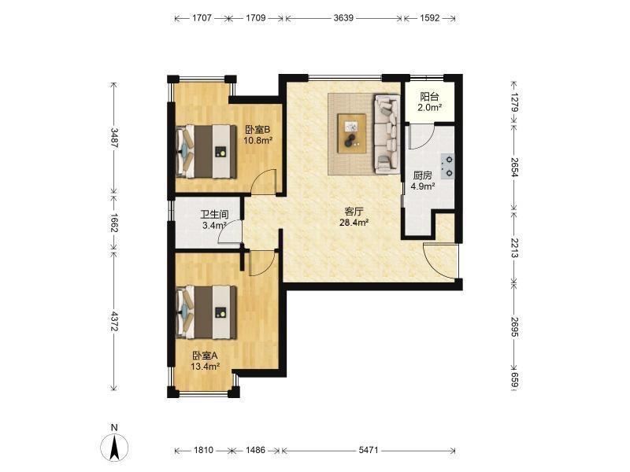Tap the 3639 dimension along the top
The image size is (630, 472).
343,18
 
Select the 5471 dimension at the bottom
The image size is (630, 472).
369,450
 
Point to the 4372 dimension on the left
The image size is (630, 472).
114,322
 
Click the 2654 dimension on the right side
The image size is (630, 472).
515,167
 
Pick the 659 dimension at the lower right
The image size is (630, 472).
515,381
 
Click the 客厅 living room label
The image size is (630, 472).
354,212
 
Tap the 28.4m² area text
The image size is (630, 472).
354,223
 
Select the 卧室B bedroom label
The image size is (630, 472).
258,130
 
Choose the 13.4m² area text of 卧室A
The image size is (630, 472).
205,366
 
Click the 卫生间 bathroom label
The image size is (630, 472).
214,214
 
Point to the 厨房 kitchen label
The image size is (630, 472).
423,175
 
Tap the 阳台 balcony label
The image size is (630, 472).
429,97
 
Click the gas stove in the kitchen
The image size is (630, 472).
447,167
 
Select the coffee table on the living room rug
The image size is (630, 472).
351,133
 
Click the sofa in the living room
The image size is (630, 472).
387,134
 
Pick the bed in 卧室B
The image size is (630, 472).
206,151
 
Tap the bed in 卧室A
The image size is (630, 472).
206,312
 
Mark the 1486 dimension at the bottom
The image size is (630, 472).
255,450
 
